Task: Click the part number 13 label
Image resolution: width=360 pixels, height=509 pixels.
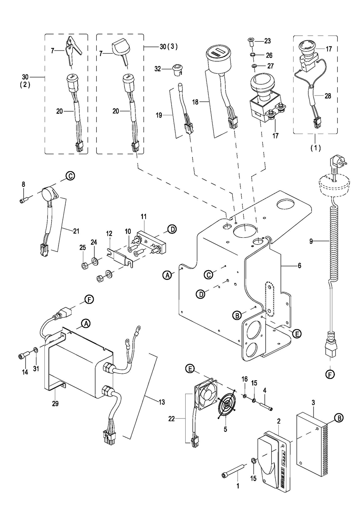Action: [162, 403]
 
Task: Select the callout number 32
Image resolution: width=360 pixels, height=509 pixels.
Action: [158, 68]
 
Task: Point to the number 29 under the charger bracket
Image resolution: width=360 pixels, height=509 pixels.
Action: [55, 404]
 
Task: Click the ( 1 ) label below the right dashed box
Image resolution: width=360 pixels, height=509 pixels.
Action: [315, 148]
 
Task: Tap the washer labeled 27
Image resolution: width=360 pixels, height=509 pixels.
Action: [254, 66]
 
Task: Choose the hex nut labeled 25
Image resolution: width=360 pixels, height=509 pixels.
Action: [84, 266]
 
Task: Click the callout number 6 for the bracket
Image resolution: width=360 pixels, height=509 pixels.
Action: [299, 265]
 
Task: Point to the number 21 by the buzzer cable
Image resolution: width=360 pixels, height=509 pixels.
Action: [76, 231]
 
